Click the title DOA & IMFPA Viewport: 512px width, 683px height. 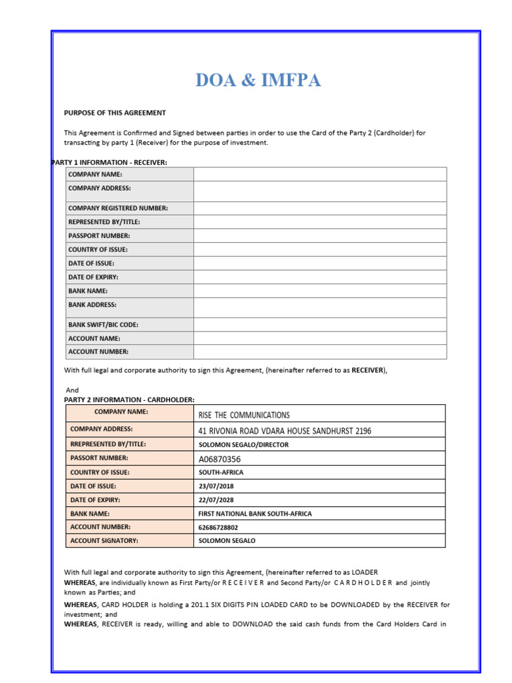point(258,81)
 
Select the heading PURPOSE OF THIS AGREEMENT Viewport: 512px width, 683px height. point(115,113)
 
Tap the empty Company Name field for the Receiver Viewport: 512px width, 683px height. point(320,174)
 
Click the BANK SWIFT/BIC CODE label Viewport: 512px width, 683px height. point(103,325)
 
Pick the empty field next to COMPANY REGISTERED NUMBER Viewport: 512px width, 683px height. point(320,208)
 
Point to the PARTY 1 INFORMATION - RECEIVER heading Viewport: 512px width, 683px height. point(109,162)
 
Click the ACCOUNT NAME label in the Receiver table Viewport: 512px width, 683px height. point(94,338)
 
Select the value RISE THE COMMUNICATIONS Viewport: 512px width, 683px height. point(244,415)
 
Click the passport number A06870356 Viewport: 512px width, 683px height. point(219,459)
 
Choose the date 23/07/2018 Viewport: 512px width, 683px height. point(216,486)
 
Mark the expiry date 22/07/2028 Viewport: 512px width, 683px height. point(216,500)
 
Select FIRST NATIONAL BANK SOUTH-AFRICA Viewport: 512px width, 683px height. point(255,514)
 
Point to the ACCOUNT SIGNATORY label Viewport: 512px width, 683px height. point(104,541)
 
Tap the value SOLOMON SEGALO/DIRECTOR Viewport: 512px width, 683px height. point(243,445)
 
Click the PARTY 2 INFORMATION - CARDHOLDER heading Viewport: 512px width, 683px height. point(129,400)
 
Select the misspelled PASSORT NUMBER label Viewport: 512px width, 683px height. point(99,458)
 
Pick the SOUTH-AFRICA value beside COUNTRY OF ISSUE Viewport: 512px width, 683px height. point(221,472)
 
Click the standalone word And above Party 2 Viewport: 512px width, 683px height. point(72,390)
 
